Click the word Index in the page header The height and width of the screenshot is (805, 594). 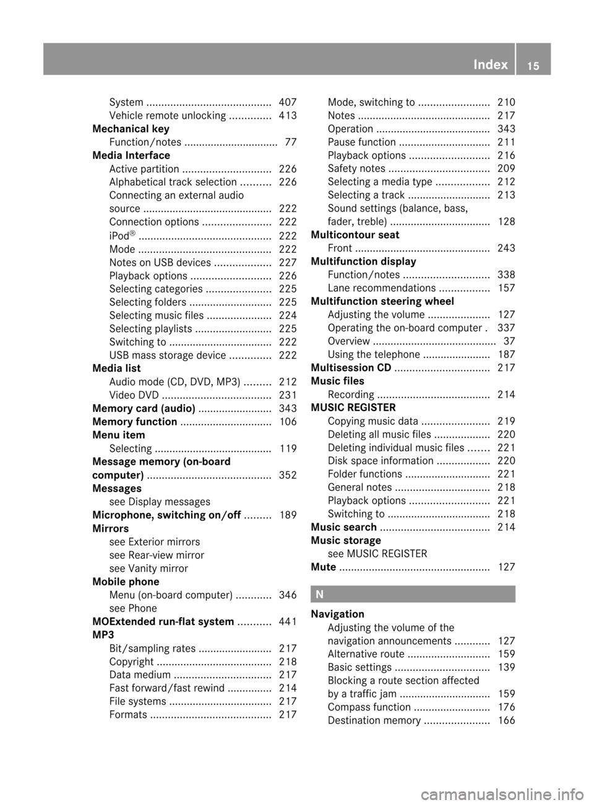490,64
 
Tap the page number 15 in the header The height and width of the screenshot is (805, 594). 533,66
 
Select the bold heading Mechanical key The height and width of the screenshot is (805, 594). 131,129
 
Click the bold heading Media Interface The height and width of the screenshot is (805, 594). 131,155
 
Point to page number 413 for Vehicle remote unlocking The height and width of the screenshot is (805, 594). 288,116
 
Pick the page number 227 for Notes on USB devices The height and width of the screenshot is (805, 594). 288,262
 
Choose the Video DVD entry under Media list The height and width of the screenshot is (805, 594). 134,395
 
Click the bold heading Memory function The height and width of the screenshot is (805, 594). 134,422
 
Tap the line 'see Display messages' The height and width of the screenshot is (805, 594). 160,501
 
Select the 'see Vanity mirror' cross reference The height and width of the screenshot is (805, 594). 148,568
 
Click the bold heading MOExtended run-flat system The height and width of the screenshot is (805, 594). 163,621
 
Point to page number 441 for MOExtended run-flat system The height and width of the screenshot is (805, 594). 288,621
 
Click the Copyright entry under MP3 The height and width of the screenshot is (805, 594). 131,662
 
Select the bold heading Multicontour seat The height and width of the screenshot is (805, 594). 355,235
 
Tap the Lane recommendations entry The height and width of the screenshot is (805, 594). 381,288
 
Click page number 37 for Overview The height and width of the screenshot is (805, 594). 509,341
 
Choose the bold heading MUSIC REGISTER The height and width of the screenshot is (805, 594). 353,407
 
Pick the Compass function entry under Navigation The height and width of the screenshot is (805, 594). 369,707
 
